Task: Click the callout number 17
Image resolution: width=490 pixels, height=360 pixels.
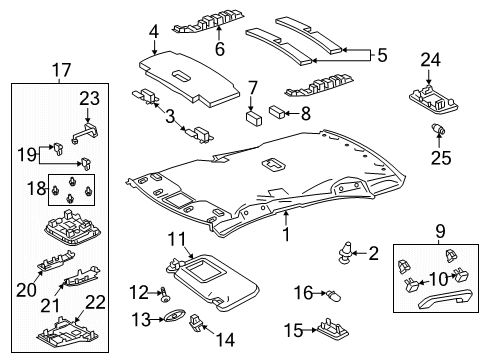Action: click(x=61, y=71)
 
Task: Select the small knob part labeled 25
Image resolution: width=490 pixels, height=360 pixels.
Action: click(x=437, y=131)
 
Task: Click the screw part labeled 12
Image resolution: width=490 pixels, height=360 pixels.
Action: click(x=163, y=292)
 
